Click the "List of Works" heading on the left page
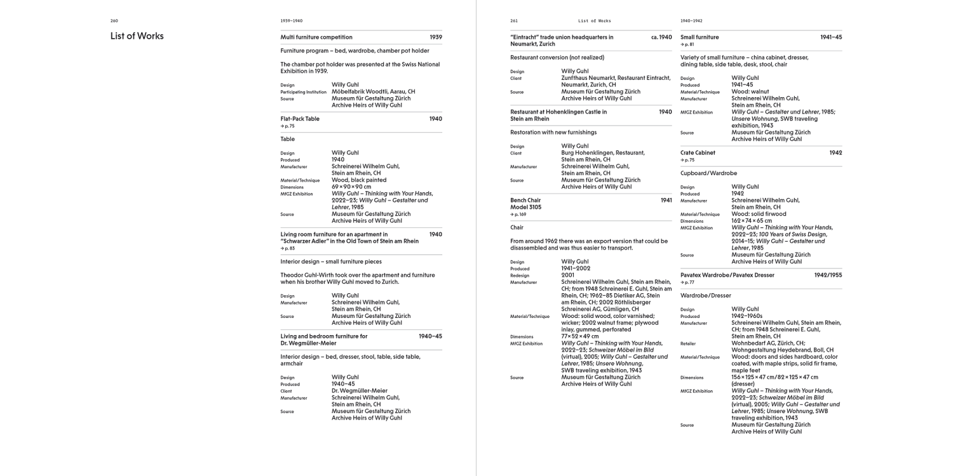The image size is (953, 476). tap(137, 36)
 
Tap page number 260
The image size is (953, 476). tap(114, 20)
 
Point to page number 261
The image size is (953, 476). tap(514, 20)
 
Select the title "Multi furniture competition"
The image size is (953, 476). tap(316, 37)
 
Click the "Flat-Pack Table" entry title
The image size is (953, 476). tap(300, 119)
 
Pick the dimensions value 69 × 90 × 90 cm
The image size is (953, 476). tap(351, 187)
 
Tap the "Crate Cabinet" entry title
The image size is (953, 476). tap(698, 153)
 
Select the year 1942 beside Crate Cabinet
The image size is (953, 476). tap(835, 153)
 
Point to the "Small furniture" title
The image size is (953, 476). tap(700, 37)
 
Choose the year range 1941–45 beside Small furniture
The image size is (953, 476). tap(831, 37)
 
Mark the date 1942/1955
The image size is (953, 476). tap(828, 275)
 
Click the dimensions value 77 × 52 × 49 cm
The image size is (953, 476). tap(580, 336)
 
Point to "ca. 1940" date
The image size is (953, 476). tap(661, 37)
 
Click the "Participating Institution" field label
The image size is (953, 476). tap(304, 92)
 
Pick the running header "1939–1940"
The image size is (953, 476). tap(292, 20)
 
